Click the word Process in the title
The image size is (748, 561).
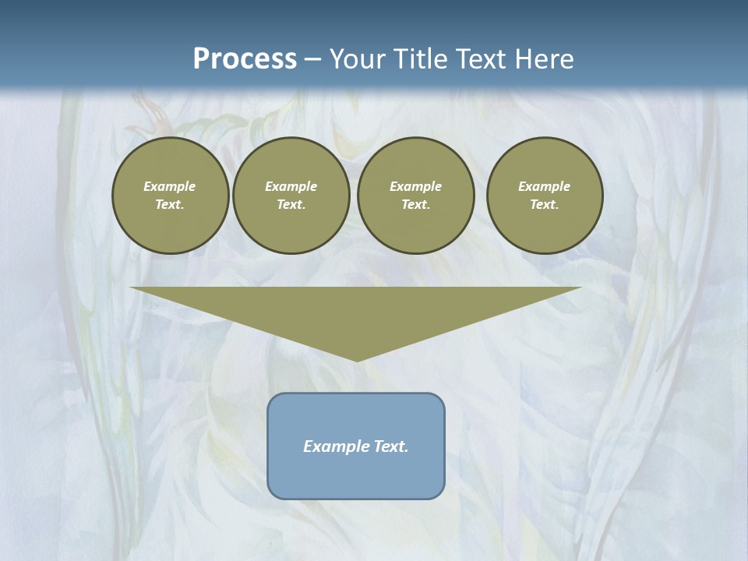(x=245, y=59)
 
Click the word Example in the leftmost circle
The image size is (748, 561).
(x=170, y=186)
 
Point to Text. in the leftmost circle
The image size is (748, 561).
(x=170, y=205)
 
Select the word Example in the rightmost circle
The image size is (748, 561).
(x=544, y=186)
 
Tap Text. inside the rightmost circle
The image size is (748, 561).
(x=544, y=205)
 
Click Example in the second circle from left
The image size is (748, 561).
(x=291, y=186)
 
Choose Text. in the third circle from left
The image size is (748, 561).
(x=415, y=205)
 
